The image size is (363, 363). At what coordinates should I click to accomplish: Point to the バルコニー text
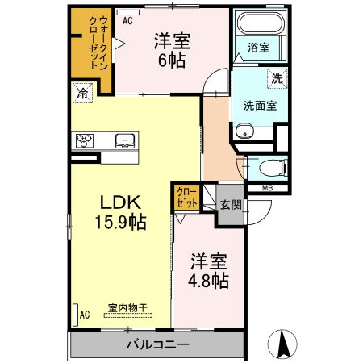click(157, 345)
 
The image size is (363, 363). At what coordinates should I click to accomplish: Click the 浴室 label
click(258, 47)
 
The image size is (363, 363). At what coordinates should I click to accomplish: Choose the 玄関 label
click(231, 205)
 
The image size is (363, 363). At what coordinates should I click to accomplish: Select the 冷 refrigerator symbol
click(81, 93)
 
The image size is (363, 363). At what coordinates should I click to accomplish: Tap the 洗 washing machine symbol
click(277, 79)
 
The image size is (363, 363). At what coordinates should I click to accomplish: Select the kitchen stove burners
click(86, 143)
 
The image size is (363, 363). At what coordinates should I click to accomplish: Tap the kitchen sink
click(125, 143)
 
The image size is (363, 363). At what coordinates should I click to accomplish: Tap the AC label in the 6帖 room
click(127, 22)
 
